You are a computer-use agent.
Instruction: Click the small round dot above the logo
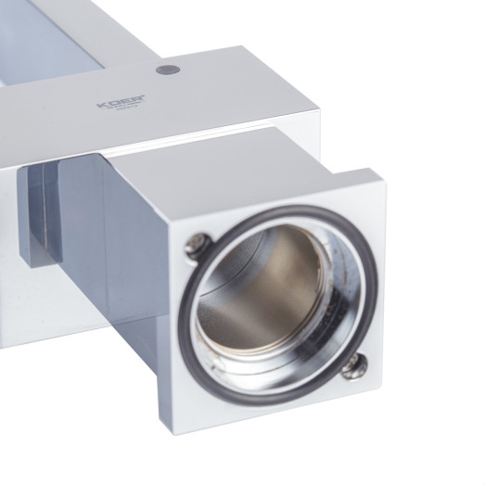[167, 70]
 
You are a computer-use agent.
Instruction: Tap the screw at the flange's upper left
[195, 245]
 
